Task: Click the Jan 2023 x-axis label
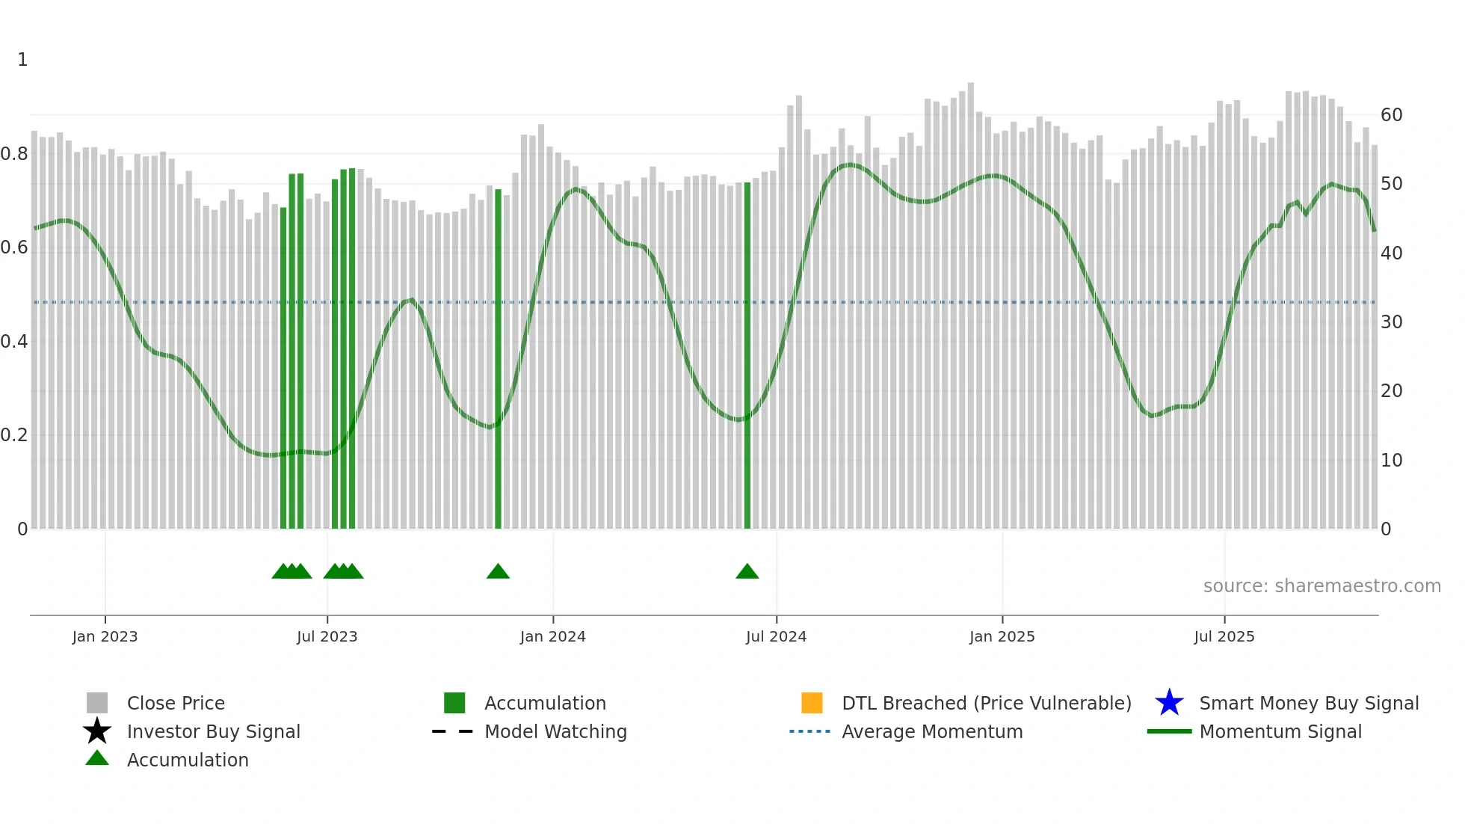[x=105, y=636]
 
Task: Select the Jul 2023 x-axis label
[x=327, y=636]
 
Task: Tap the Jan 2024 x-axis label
[x=552, y=636]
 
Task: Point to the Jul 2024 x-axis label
[x=776, y=636]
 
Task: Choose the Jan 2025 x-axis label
[x=1002, y=636]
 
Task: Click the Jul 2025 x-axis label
[x=1224, y=636]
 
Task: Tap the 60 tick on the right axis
[x=1391, y=115]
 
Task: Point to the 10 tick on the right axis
[x=1391, y=461]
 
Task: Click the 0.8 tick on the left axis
[x=14, y=154]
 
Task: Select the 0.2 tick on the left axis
[x=14, y=435]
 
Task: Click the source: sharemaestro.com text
[x=1321, y=586]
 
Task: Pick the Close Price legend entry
[x=176, y=703]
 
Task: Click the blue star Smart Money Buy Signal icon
[x=1169, y=703]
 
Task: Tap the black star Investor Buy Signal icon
[x=97, y=731]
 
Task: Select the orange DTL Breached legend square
[x=812, y=703]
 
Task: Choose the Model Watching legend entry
[x=555, y=731]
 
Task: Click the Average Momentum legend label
[x=932, y=731]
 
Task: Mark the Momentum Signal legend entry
[x=1280, y=731]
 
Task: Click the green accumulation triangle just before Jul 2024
[x=747, y=572]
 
